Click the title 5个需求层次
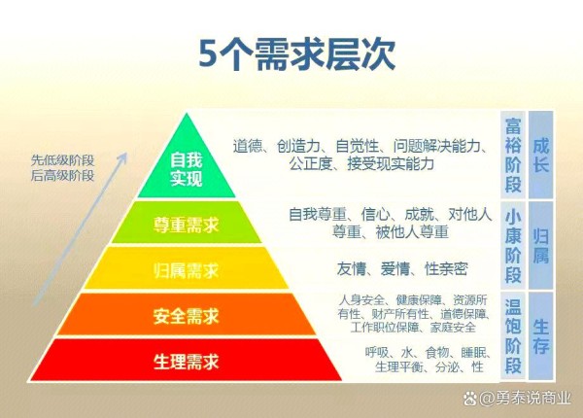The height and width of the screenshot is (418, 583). tap(296, 54)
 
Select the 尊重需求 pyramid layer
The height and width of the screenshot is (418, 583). tap(187, 223)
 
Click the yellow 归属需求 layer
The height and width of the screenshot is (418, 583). tap(187, 268)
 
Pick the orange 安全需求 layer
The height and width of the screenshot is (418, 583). tap(187, 315)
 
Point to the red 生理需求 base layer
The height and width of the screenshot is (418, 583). tap(187, 361)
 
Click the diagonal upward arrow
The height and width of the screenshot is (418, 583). tap(81, 228)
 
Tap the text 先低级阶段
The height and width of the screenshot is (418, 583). tap(62, 160)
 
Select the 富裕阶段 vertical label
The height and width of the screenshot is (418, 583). tap(513, 155)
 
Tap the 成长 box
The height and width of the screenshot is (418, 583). tap(540, 155)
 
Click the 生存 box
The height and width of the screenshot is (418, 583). tap(540, 335)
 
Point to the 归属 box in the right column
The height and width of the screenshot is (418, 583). tap(540, 245)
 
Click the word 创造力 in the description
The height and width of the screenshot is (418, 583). tap(298, 146)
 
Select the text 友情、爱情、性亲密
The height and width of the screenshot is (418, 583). tap(402, 268)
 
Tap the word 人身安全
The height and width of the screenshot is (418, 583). tap(361, 299)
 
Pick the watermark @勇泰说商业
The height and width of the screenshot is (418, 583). tap(518, 399)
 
